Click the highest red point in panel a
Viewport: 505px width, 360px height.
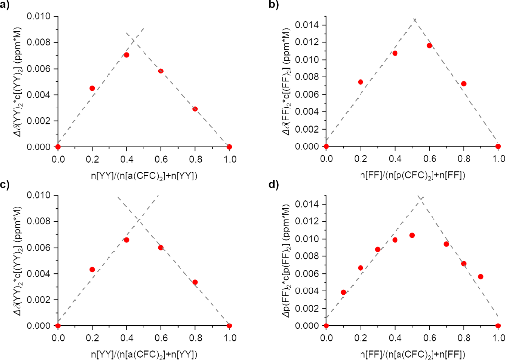coord(126,55)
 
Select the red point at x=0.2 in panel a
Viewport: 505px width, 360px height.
coord(92,88)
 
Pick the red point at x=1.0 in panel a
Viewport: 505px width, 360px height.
coord(229,147)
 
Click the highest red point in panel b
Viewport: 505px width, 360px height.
coord(429,45)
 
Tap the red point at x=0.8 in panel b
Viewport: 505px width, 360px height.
coord(464,84)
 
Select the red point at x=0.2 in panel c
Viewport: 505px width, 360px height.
coord(92,269)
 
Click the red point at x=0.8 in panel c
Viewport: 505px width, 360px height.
coord(195,282)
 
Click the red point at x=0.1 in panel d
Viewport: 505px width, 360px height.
coord(343,292)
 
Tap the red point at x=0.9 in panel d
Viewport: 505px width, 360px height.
coord(481,277)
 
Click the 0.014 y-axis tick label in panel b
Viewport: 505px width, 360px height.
coord(307,25)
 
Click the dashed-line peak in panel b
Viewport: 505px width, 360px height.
coord(415,19)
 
